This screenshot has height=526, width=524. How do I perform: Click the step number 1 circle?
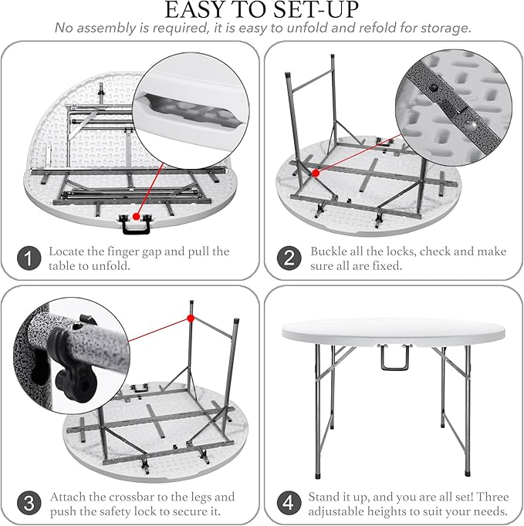click(x=29, y=259)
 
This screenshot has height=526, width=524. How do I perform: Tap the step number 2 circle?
click(x=289, y=259)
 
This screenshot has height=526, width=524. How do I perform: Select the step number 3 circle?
click(x=29, y=504)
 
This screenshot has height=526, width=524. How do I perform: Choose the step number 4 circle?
click(x=289, y=504)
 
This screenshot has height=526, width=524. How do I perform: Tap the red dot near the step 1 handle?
click(x=136, y=218)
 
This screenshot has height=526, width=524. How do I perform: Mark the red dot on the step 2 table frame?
click(x=316, y=174)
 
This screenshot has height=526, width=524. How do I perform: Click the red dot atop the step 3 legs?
click(x=190, y=318)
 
